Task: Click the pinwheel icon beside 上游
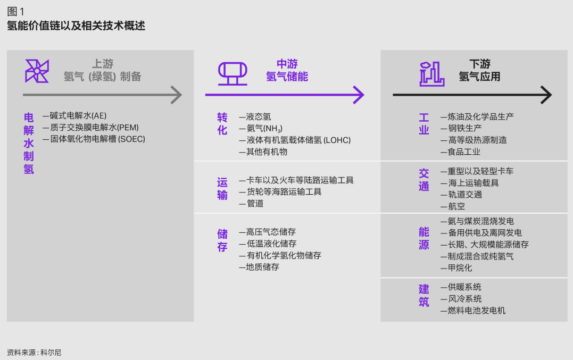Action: click(37, 71)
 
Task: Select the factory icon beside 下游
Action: click(431, 73)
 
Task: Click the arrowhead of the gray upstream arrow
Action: click(176, 95)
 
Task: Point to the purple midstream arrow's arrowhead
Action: click(358, 95)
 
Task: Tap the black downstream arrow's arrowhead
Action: click(546, 95)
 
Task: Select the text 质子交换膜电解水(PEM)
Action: click(90, 128)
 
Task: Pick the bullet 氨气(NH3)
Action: click(261, 129)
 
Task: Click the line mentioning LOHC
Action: click(295, 140)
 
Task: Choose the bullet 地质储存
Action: click(259, 267)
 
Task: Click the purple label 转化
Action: click(222, 123)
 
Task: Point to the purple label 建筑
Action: click(424, 296)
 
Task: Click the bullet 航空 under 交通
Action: click(453, 206)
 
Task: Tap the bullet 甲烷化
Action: click(456, 268)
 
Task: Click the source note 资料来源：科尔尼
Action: click(34, 352)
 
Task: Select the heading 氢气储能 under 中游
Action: click(287, 77)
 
